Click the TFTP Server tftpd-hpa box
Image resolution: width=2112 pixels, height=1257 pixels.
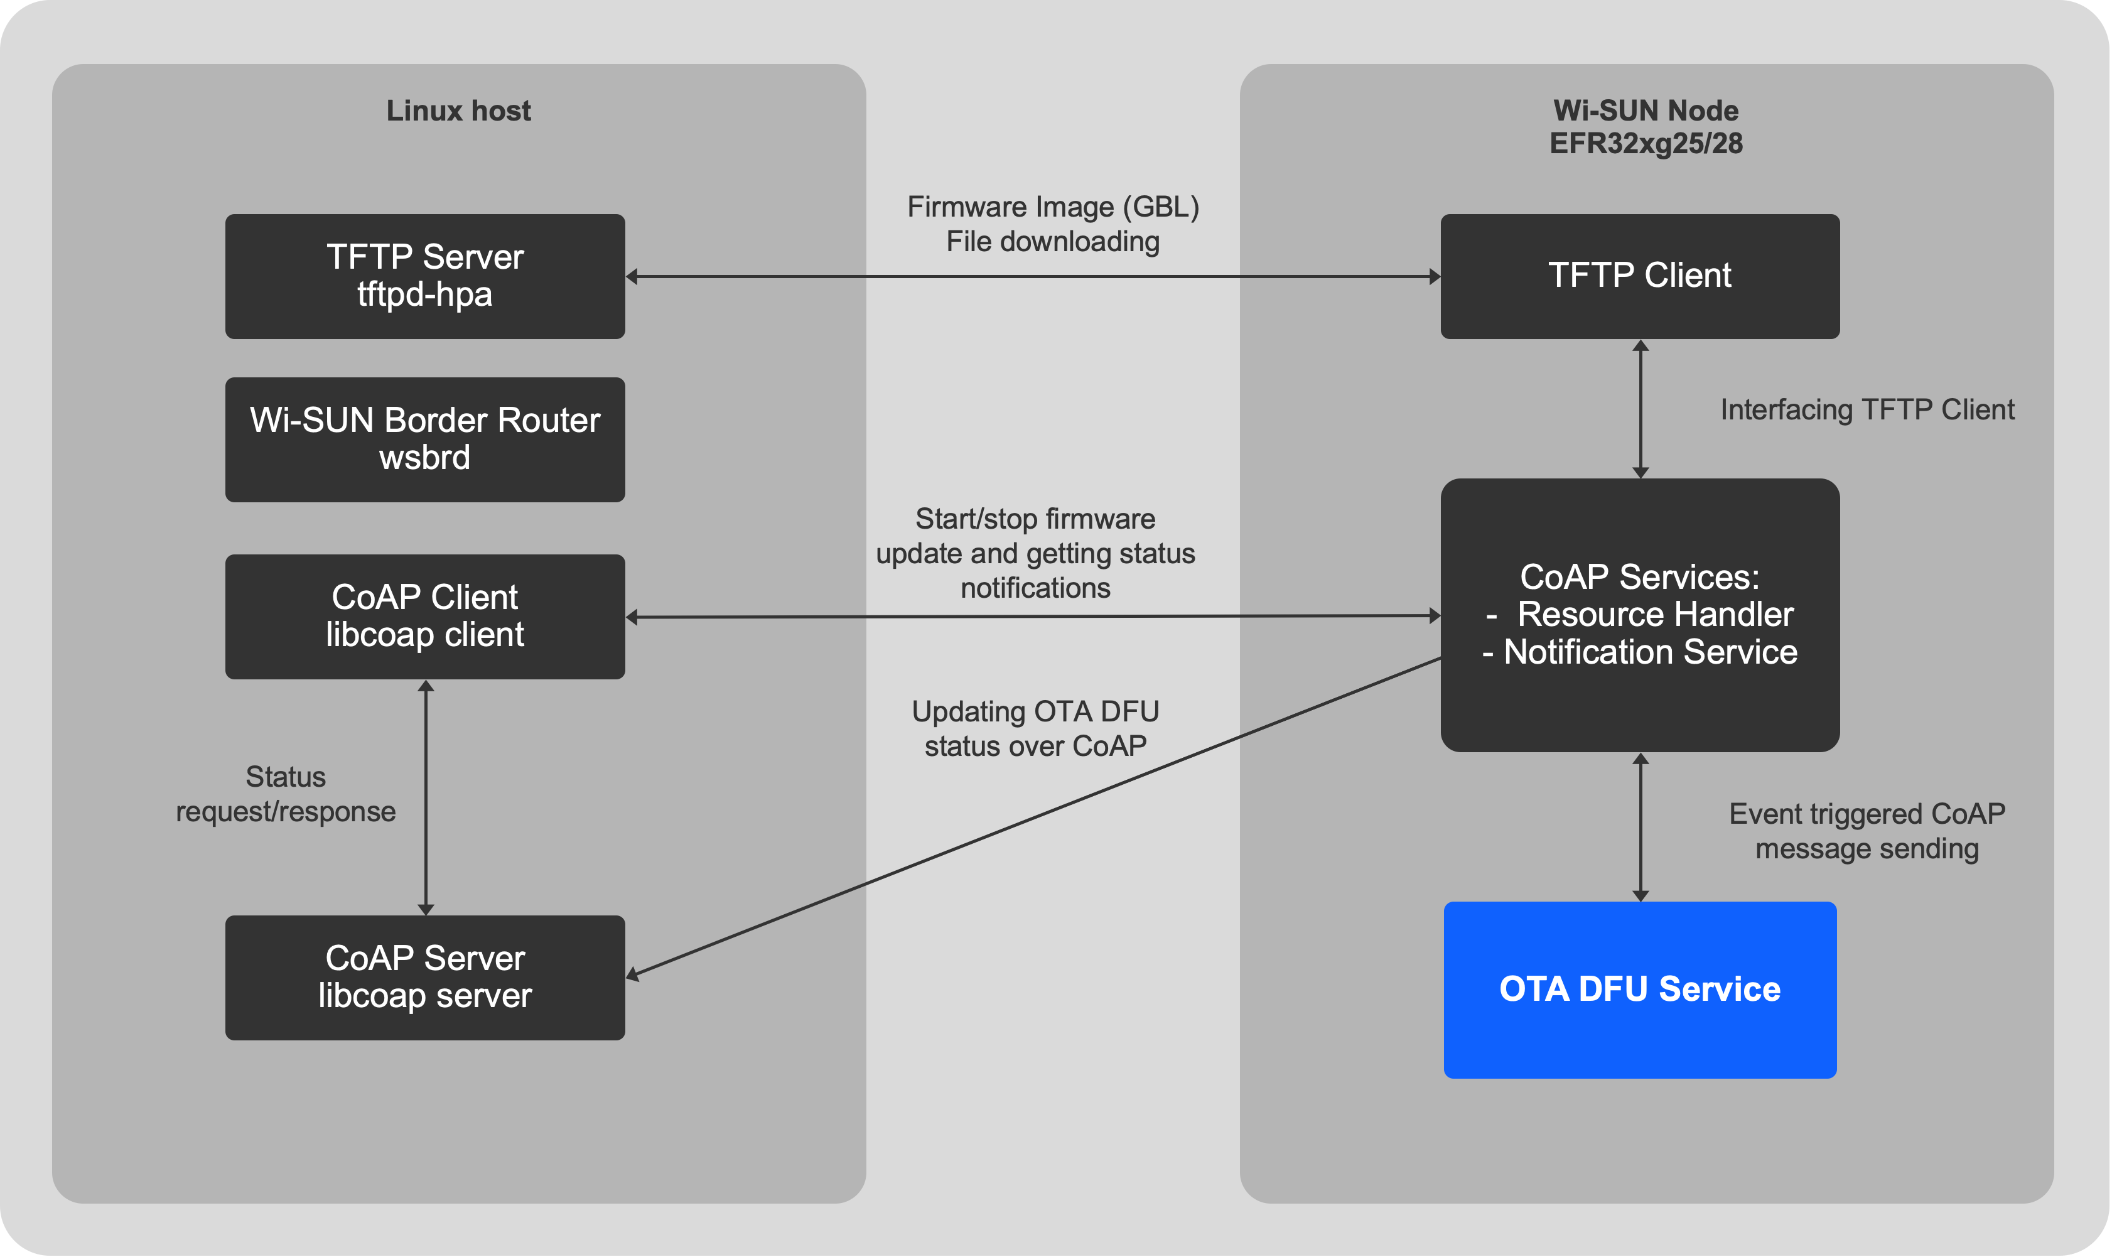coord(425,276)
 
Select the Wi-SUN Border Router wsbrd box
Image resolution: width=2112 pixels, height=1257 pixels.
coord(425,440)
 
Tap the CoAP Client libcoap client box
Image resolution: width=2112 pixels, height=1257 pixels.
coord(425,617)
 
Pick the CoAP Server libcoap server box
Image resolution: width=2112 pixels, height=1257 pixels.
coord(425,978)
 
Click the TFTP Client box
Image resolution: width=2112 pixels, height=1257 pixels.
coord(1639,276)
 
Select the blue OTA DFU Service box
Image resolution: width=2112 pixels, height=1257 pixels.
coord(1639,990)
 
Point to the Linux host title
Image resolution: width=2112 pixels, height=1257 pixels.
coord(458,111)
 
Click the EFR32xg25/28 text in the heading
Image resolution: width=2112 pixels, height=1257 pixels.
coord(1646,144)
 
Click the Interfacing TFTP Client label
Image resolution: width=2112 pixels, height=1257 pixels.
coord(1867,410)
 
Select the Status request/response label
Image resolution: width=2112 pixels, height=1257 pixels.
coord(286,794)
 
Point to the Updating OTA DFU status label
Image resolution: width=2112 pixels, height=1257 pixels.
coord(1035,728)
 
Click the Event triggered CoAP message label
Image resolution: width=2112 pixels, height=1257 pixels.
coord(1867,831)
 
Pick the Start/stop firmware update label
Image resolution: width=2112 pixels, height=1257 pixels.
coord(1035,553)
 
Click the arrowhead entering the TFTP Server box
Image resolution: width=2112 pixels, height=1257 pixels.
coord(632,277)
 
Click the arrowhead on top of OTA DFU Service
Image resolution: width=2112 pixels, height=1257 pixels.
coord(1641,895)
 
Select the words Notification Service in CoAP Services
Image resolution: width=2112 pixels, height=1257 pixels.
coord(1650,652)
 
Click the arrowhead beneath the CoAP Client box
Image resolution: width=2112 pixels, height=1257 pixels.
coord(426,686)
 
